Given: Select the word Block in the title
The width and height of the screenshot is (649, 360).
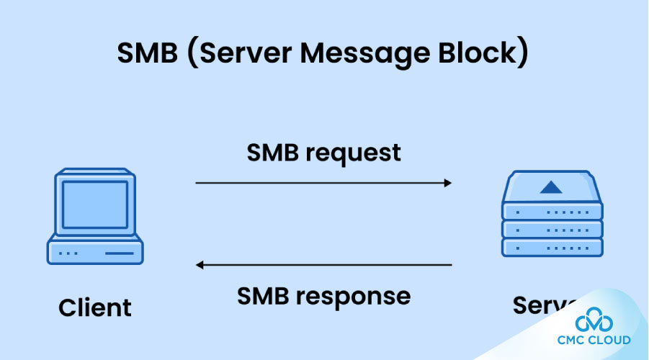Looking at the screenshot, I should (x=483, y=55).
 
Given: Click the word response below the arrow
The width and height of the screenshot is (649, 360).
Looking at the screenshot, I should (x=368, y=296).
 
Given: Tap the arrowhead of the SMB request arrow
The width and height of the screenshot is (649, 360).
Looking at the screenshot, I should (x=447, y=183).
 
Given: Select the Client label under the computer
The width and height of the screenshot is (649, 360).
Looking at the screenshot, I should (x=95, y=307).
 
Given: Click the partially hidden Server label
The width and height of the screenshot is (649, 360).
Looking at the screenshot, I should (x=540, y=305).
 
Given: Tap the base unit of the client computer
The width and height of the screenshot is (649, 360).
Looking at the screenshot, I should (x=95, y=252).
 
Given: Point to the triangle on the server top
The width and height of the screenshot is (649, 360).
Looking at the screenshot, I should (x=551, y=188).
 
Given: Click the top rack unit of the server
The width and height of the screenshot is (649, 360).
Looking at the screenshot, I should (x=551, y=212).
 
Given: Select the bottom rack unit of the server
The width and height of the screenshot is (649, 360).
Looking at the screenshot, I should (x=551, y=247).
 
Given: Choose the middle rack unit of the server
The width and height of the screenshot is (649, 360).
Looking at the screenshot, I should (x=551, y=230).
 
